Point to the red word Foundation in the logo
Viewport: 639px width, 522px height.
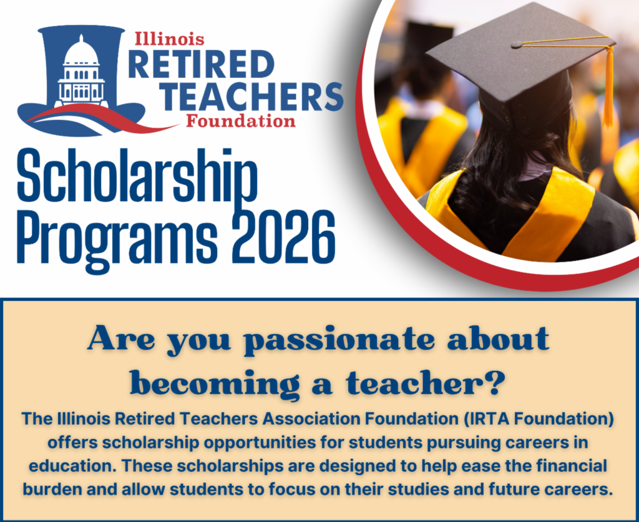pos(240,121)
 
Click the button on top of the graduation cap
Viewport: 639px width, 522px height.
pos(516,44)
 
